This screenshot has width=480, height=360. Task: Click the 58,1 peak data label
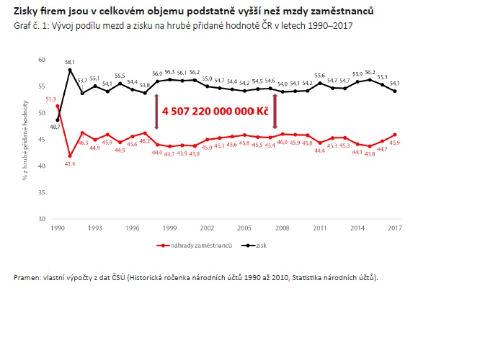click(70, 63)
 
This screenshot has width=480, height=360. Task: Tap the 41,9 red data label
click(71, 163)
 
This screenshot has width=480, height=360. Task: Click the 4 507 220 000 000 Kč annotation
click(214, 113)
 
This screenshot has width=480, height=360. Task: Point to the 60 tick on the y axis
click(42, 60)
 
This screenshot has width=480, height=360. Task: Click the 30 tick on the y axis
click(42, 218)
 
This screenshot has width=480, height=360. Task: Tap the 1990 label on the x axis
click(58, 228)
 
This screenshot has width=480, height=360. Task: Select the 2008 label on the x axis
click(282, 228)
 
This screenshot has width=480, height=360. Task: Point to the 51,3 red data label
click(50, 99)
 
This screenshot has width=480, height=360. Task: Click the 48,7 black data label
click(55, 126)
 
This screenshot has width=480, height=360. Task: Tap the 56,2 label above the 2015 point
click(370, 72)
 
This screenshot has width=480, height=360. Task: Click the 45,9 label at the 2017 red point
click(395, 142)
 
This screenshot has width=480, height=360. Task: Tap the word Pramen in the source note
click(27, 277)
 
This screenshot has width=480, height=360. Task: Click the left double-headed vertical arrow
click(156, 112)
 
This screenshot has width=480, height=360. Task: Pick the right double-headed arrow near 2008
click(275, 112)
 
